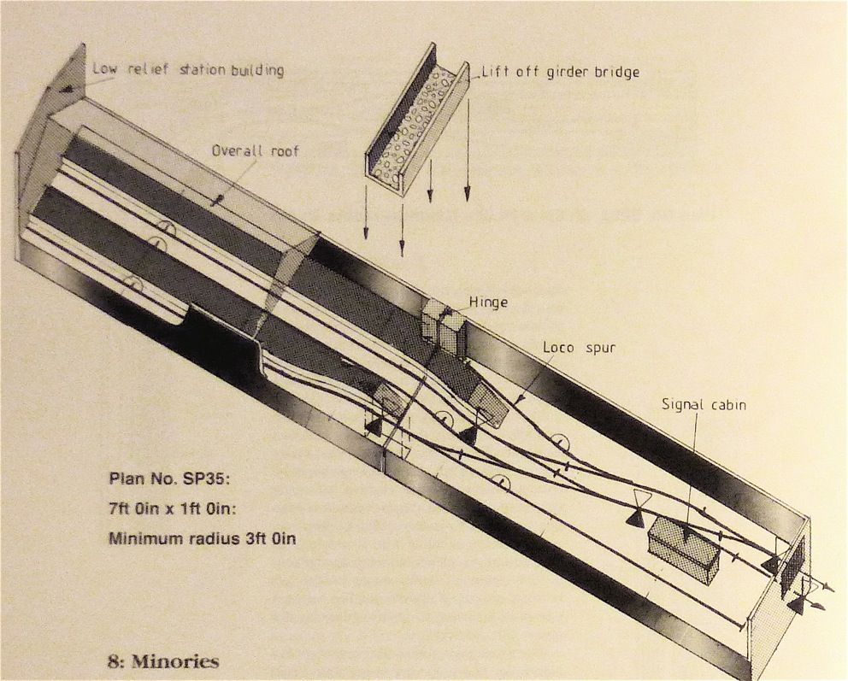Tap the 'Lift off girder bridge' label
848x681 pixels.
[561, 72]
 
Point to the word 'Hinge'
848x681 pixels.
[488, 302]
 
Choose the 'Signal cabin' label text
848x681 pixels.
[704, 404]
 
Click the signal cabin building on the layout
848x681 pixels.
[683, 548]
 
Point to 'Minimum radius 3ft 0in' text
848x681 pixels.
[200, 538]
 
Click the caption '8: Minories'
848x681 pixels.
[162, 661]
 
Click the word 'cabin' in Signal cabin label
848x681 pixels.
[726, 404]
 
